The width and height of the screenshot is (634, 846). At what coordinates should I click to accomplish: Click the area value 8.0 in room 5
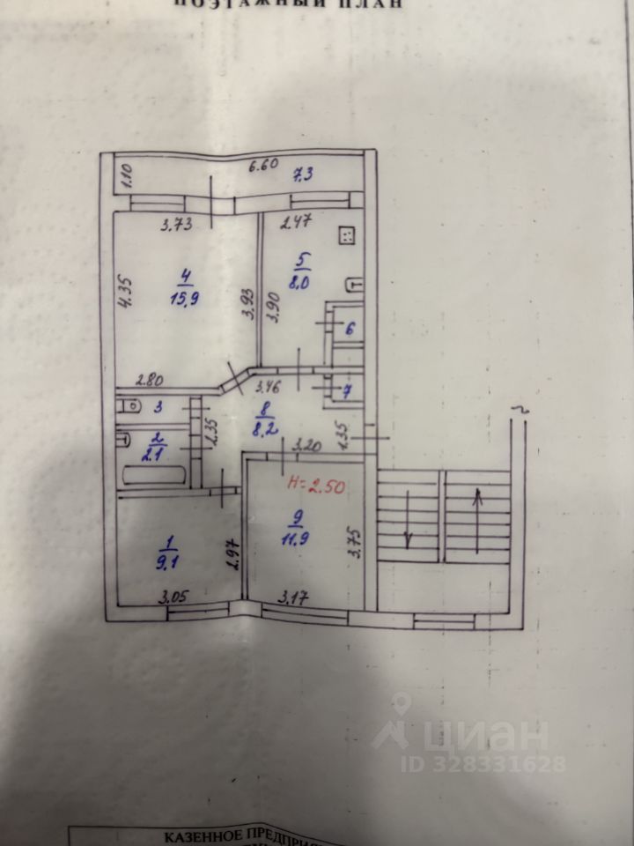302,283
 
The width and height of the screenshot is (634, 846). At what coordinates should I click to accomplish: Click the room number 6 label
349,329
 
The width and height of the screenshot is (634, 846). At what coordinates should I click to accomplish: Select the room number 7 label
346,392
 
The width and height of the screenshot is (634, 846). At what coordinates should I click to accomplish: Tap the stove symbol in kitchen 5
346,235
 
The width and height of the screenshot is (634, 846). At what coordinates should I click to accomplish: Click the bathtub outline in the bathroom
153,476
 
